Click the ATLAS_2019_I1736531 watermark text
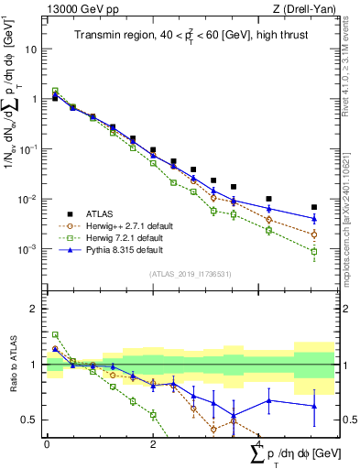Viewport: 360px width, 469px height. [190, 273]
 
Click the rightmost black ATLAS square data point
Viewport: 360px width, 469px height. [314, 207]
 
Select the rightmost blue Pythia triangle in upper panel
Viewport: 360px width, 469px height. [314, 219]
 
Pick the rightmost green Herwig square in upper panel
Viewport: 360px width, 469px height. [314, 251]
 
